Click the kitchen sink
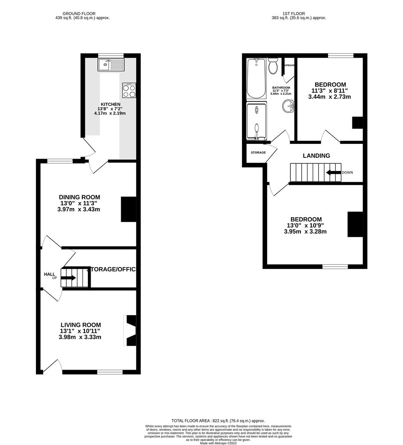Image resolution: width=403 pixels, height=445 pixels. click(x=110, y=65)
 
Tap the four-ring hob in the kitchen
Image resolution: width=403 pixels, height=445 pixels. click(x=129, y=90)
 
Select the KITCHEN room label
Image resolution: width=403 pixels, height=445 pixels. click(x=111, y=104)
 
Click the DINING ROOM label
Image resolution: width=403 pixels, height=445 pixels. click(x=80, y=197)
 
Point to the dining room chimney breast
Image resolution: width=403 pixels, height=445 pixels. click(x=128, y=209)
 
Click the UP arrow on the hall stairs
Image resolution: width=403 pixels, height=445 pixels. click(x=68, y=278)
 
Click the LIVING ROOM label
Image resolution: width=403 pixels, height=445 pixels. click(x=80, y=325)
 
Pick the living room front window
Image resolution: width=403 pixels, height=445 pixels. click(x=110, y=372)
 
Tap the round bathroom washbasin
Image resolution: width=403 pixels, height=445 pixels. click(x=288, y=107)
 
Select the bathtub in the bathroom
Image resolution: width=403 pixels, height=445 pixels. click(x=256, y=78)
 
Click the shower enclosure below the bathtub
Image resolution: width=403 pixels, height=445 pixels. click(x=256, y=121)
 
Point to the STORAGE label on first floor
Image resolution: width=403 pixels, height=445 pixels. click(x=258, y=152)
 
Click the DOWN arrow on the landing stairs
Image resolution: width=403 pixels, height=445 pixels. click(x=334, y=172)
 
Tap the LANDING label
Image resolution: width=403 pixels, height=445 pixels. click(x=316, y=156)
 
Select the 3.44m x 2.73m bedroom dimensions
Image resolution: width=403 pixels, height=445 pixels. click(x=329, y=97)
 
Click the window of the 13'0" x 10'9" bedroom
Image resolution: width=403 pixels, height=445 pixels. click(x=335, y=267)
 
